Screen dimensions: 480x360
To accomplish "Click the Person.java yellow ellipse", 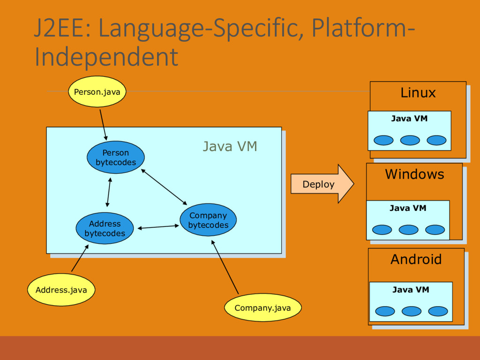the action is pyautogui.click(x=97, y=91).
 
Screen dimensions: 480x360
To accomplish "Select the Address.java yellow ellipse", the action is pyautogui.click(x=61, y=290).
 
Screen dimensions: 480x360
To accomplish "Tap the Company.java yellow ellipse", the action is pyautogui.click(x=262, y=307).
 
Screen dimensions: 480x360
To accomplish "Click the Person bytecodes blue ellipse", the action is pyautogui.click(x=116, y=157).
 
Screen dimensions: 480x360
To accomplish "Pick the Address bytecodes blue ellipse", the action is pyautogui.click(x=105, y=228).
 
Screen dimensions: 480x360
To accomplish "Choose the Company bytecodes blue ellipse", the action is pyautogui.click(x=208, y=220).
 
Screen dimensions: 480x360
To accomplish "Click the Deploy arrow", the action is pyautogui.click(x=322, y=184).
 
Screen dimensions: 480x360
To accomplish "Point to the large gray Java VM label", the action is pyautogui.click(x=230, y=146).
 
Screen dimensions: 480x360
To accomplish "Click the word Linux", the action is pyautogui.click(x=418, y=92).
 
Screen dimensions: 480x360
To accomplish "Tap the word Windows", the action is pyautogui.click(x=414, y=174).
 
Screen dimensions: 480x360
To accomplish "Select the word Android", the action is pyautogui.click(x=416, y=259).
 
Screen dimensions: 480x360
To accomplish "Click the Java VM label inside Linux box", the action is pyautogui.click(x=409, y=119).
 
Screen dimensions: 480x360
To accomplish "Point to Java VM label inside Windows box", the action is pyautogui.click(x=408, y=208).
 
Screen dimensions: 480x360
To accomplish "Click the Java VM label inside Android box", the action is pyautogui.click(x=411, y=290).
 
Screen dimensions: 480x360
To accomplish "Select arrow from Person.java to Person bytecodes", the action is pyautogui.click(x=103, y=125).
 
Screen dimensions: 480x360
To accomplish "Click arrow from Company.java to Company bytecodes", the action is pyautogui.click(x=225, y=267).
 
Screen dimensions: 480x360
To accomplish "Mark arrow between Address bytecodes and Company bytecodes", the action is pyautogui.click(x=158, y=227).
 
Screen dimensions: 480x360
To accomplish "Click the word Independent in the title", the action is pyautogui.click(x=106, y=56).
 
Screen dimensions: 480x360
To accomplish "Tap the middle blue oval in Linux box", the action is pyautogui.click(x=410, y=140).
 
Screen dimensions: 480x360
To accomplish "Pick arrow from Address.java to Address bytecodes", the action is pyautogui.click(x=80, y=258).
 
